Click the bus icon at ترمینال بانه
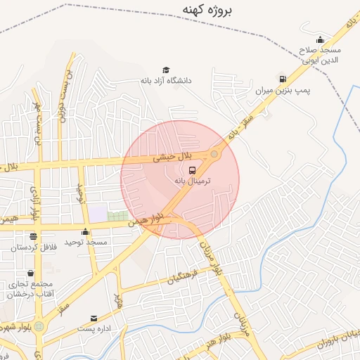193,169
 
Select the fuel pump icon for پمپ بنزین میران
283,79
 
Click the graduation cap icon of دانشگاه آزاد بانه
166,70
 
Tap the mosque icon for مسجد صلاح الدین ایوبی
321,39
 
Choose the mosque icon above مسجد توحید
86,231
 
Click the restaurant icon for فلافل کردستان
33,236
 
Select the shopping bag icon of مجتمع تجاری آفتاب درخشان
30,273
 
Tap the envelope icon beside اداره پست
94,318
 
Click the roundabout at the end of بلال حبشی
214,154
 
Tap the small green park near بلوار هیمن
118,216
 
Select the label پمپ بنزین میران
283,91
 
